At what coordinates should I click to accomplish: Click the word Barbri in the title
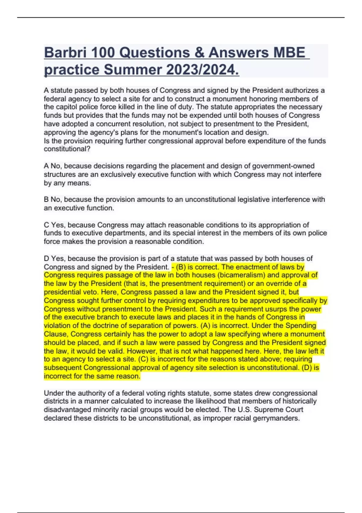[x=65, y=53]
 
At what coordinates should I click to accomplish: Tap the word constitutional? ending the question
[x=67, y=149]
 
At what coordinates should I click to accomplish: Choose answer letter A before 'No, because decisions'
[x=46, y=166]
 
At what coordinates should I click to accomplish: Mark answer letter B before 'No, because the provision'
[x=46, y=199]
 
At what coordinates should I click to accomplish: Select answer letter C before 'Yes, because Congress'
[x=46, y=225]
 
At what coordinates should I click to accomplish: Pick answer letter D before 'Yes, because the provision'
[x=46, y=259]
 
